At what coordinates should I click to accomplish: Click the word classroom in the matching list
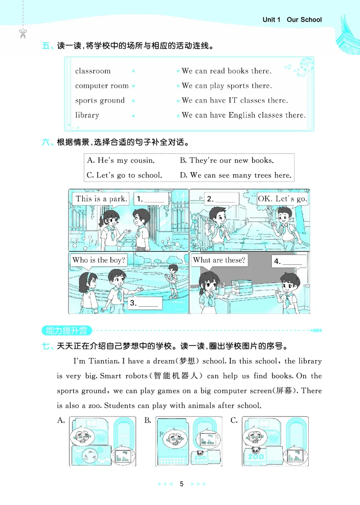93,71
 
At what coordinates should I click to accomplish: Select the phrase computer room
102,86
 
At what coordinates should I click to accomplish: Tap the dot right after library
134,116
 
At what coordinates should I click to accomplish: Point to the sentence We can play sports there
227,86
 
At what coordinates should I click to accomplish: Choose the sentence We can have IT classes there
234,101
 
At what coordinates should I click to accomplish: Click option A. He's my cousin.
121,161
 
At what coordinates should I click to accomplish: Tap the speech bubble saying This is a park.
101,199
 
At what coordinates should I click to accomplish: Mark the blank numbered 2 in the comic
221,199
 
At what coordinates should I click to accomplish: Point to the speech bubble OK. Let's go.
282,199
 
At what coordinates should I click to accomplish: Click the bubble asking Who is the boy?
99,260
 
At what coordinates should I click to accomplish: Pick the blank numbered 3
144,303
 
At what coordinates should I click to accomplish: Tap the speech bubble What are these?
219,260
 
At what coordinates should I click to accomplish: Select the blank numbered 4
288,261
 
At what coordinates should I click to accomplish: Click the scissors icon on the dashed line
23,33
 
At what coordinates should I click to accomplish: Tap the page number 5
181,484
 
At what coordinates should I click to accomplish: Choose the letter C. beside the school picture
234,421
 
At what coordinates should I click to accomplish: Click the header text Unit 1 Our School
292,20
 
